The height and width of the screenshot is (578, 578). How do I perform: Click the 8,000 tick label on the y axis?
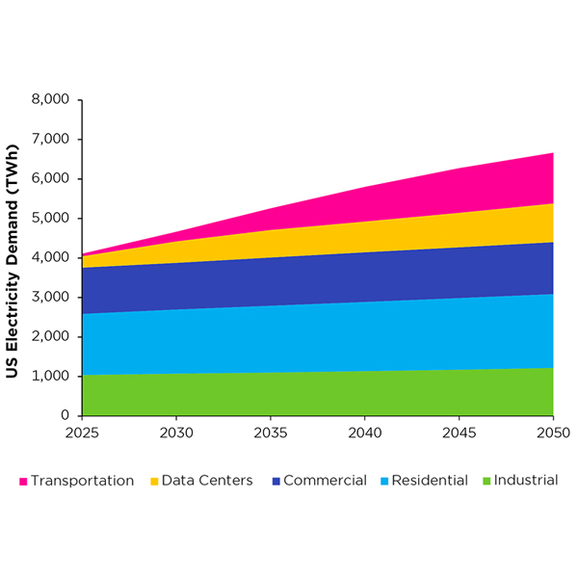click(51, 100)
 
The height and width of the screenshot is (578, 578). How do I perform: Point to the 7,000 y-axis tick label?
click(51, 140)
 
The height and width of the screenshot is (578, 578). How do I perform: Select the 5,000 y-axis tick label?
click(51, 219)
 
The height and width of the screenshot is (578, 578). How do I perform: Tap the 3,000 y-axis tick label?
click(51, 298)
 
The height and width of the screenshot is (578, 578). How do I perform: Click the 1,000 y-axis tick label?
click(51, 377)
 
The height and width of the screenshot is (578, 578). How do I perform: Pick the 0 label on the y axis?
click(66, 416)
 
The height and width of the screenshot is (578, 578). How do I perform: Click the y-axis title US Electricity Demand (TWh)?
click(15, 258)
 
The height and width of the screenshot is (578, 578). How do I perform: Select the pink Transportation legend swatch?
click(23, 481)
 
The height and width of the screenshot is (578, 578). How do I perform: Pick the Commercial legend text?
click(325, 480)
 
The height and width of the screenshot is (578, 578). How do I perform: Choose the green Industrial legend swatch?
click(486, 481)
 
